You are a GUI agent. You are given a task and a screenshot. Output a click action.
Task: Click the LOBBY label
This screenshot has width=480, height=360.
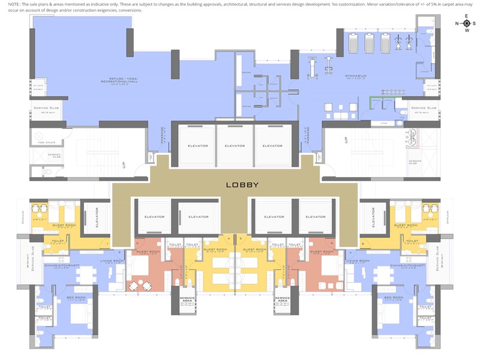point(242,185)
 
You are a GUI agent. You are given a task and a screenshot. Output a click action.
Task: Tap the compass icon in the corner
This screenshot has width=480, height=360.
point(467,23)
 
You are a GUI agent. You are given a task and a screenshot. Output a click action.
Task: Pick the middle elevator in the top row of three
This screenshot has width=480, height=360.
point(235,145)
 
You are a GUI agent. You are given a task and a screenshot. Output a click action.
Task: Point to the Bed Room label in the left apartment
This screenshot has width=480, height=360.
point(77,298)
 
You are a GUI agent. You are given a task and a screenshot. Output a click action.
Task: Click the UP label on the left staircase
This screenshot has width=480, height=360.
point(124,163)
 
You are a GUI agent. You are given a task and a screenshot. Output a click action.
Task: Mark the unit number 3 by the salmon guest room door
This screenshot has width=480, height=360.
point(137,244)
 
